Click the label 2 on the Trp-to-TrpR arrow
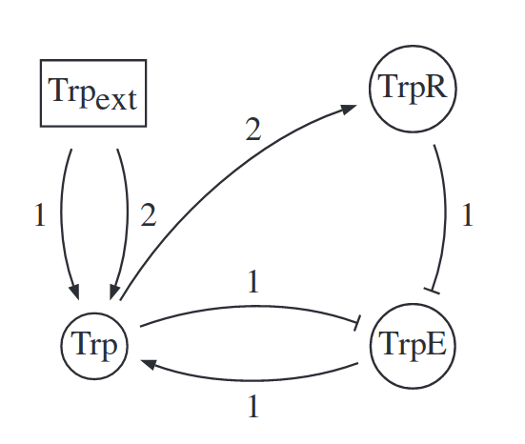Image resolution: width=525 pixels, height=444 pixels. (x=253, y=130)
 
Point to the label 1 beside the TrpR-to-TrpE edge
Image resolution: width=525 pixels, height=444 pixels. (x=468, y=214)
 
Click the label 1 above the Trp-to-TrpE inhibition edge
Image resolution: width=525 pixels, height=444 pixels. (x=253, y=281)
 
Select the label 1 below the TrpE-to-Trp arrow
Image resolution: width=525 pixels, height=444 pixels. (x=253, y=406)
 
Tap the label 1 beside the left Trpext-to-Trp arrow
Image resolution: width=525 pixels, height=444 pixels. (x=40, y=215)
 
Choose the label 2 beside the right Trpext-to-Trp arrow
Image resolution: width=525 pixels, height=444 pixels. (x=149, y=215)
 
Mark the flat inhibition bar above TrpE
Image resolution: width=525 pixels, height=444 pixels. (x=432, y=291)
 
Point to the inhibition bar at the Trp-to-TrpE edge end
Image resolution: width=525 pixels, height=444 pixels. (x=357, y=323)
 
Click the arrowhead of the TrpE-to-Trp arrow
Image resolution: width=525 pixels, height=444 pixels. (x=149, y=364)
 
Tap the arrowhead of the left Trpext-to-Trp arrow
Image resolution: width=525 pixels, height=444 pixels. (x=74, y=292)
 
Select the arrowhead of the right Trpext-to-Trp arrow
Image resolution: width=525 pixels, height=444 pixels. (x=114, y=292)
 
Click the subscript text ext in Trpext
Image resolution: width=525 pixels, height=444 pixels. (x=116, y=99)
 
